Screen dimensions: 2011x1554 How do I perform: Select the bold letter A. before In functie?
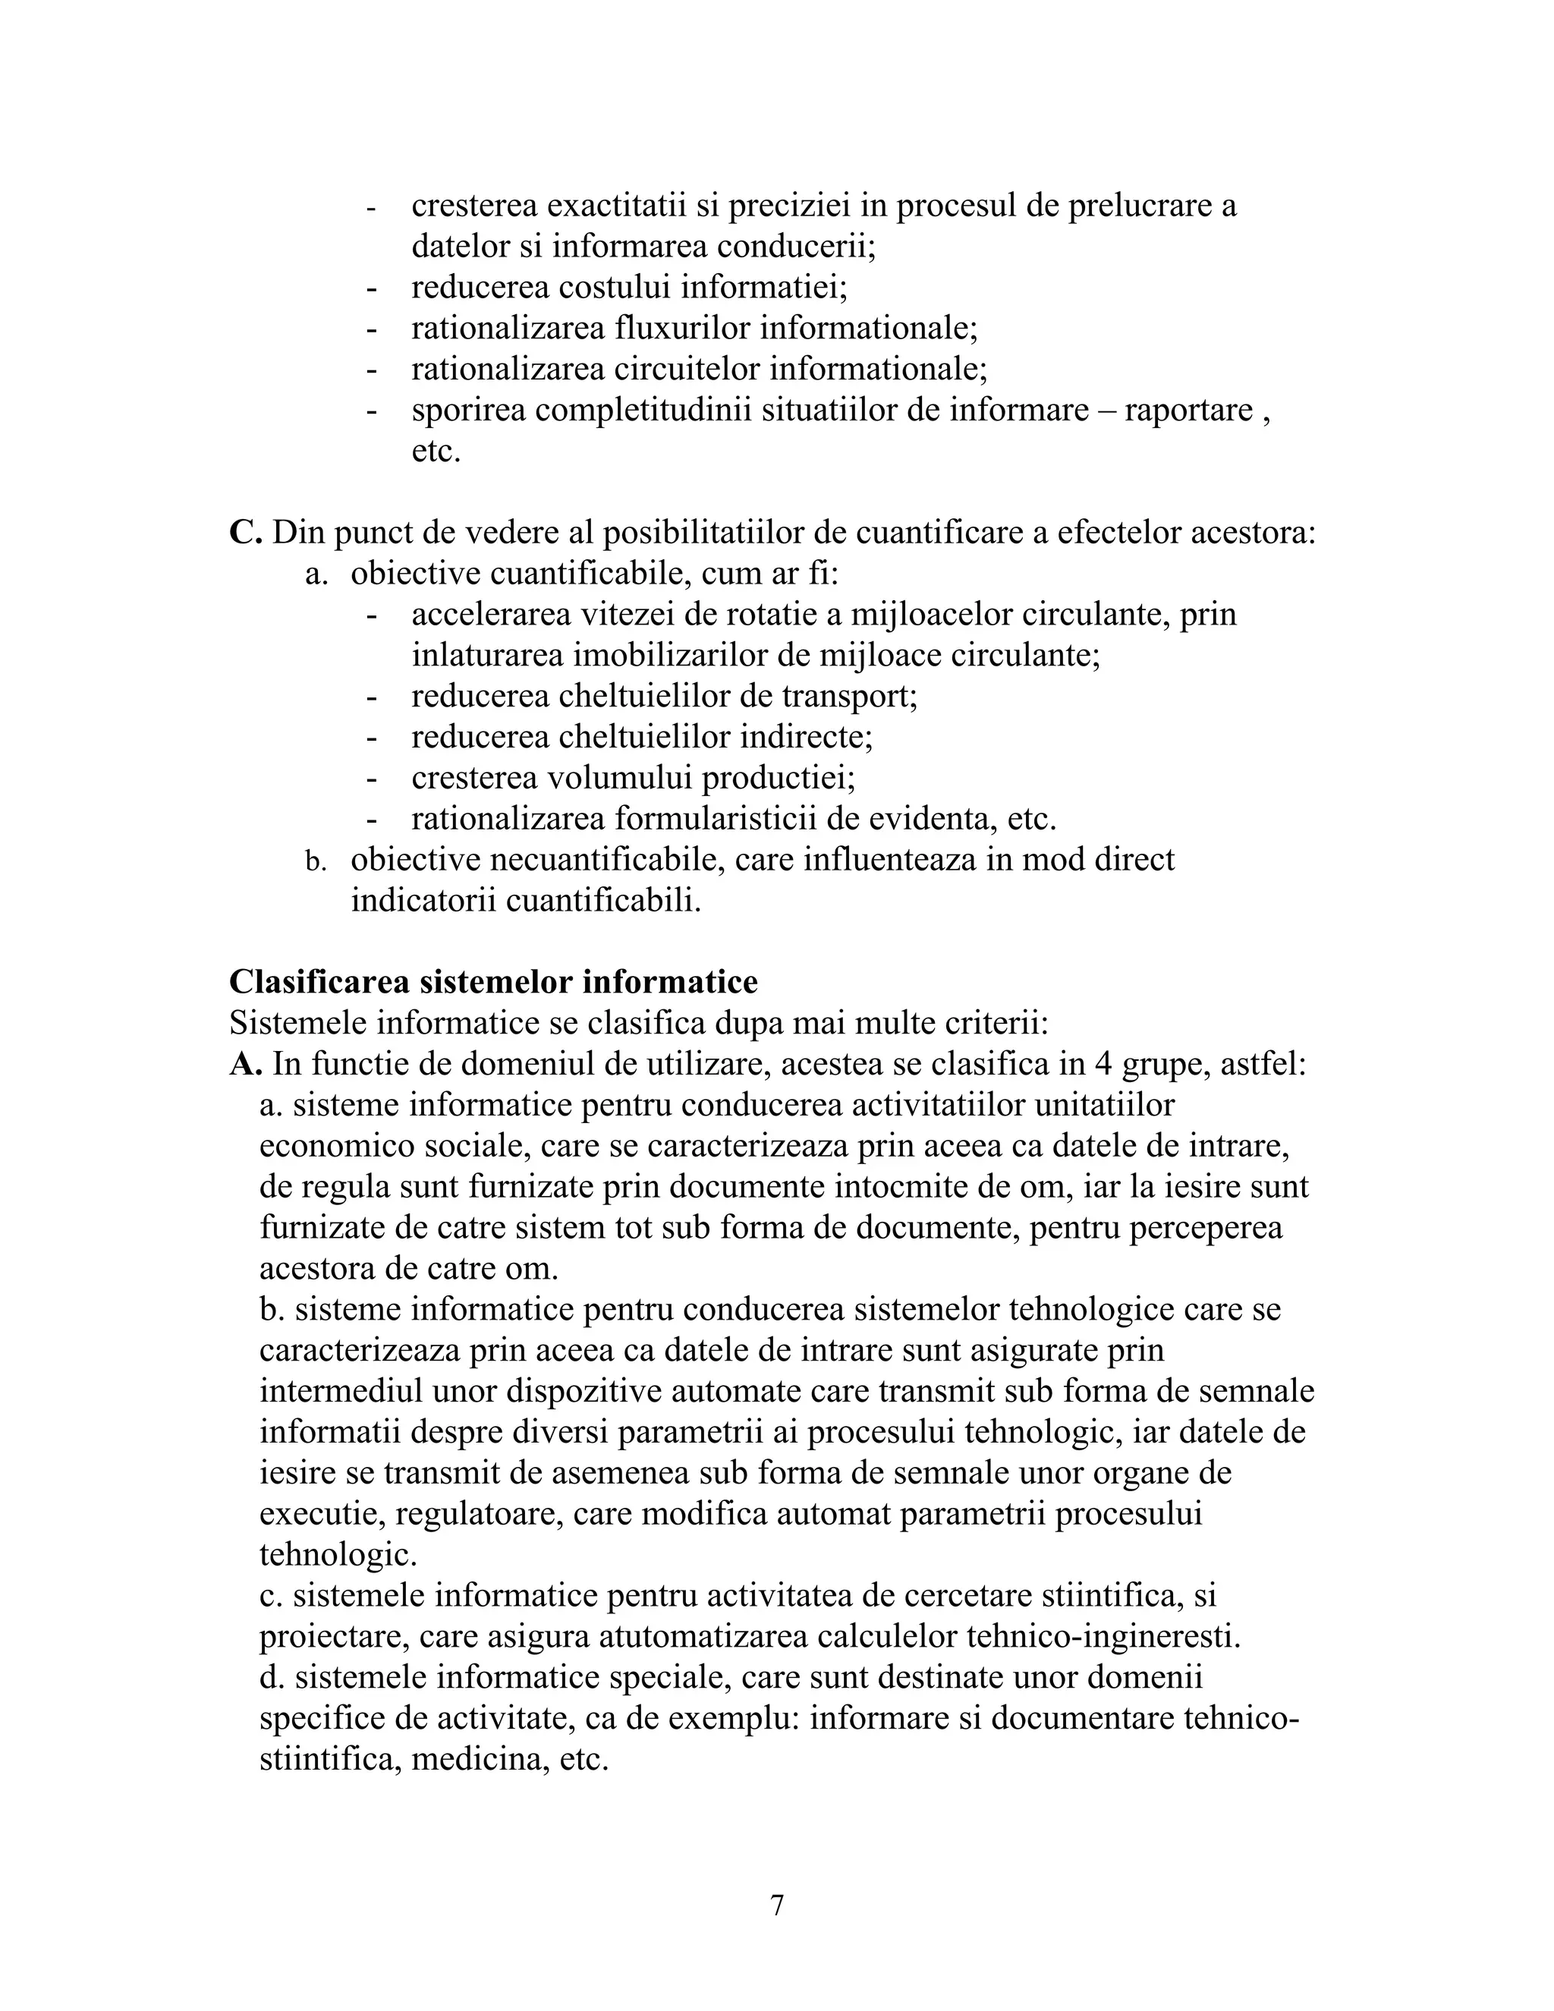coord(246,1065)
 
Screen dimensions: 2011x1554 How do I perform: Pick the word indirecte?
coord(807,737)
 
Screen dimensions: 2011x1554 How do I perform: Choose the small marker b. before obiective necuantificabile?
coord(316,862)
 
